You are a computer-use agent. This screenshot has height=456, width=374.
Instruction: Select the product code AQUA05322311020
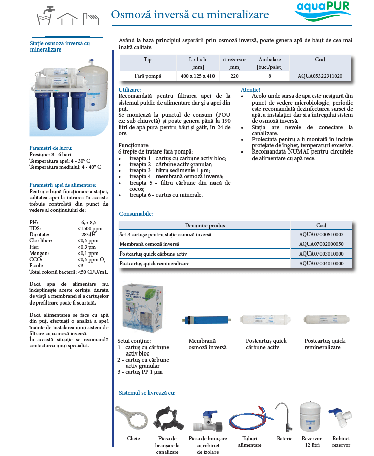[320, 76]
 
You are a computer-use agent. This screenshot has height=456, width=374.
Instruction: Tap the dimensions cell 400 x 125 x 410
[198, 76]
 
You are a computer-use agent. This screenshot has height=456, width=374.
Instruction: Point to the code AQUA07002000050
[321, 244]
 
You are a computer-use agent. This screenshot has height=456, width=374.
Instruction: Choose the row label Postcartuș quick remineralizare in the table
[154, 264]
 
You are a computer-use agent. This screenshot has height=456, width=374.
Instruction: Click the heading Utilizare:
[130, 89]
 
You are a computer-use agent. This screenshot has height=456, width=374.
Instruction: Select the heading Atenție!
[251, 89]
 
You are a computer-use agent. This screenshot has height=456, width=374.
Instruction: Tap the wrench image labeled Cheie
[133, 417]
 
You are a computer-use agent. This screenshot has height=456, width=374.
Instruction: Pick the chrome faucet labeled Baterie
[284, 417]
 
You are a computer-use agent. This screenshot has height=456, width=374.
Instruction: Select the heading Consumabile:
[136, 214]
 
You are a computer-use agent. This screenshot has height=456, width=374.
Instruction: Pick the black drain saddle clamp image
[167, 418]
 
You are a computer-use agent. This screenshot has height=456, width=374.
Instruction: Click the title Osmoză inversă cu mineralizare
[190, 14]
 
